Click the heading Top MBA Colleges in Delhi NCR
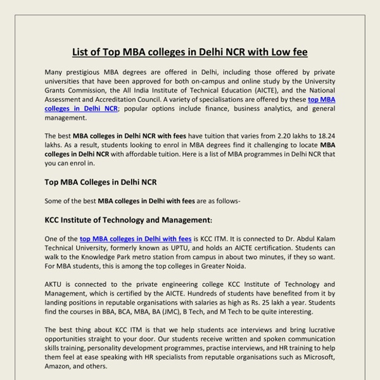[x=101, y=182]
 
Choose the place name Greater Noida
[x=232, y=266]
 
